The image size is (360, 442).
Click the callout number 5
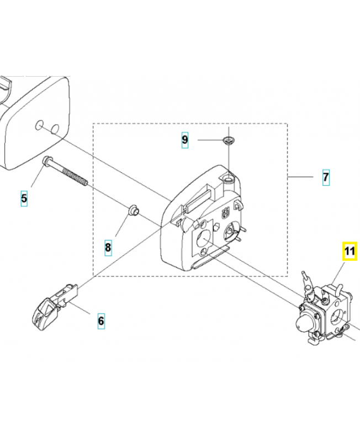click(x=24, y=198)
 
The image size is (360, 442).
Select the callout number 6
click(x=100, y=320)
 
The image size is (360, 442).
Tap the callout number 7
click(x=325, y=177)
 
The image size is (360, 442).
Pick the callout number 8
click(x=108, y=248)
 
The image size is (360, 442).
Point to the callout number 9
click(x=185, y=140)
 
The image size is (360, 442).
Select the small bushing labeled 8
click(x=133, y=211)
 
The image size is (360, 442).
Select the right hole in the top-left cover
click(x=55, y=128)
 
